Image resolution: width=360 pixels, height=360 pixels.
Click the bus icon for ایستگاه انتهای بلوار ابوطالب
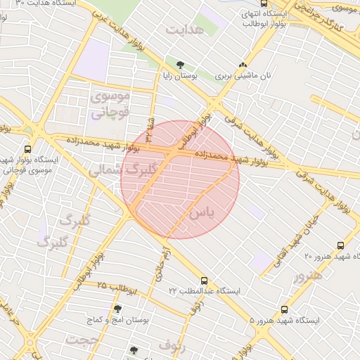pyautogui.click(x=264, y=4)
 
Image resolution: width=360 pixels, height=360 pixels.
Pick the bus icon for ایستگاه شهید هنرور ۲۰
pyautogui.click(x=340, y=245)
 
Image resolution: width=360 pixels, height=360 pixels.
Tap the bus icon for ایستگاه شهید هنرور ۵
pyautogui.click(x=284, y=309)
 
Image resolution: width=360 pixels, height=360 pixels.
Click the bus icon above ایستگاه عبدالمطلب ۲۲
pyautogui.click(x=204, y=280)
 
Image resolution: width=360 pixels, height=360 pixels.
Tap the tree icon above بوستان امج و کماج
pyautogui.click(x=117, y=309)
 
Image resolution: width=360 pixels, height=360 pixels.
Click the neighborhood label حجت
pyautogui.click(x=80, y=340)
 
